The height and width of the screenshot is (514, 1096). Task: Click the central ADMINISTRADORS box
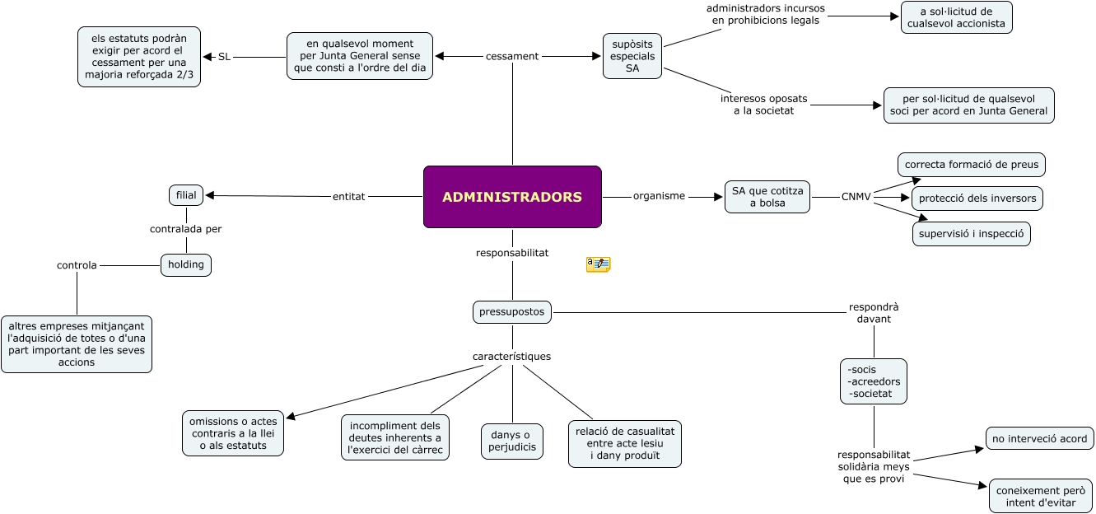(x=512, y=197)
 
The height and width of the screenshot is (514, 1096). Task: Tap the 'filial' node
(x=186, y=195)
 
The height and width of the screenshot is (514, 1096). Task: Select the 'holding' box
(x=186, y=264)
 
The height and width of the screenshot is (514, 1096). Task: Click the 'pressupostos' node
(x=512, y=312)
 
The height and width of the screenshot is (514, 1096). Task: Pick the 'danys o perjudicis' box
(x=512, y=441)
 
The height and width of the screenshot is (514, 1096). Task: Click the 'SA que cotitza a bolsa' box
(x=767, y=197)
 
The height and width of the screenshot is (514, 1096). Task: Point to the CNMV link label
(x=856, y=196)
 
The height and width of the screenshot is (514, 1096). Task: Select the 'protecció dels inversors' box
(x=977, y=199)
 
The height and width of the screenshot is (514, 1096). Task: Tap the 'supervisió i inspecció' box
(x=972, y=234)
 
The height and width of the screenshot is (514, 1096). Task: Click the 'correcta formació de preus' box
(x=972, y=164)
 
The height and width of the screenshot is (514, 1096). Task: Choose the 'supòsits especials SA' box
(x=632, y=56)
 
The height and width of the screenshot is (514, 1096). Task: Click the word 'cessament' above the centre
(x=512, y=56)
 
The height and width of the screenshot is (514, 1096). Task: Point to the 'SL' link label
(x=224, y=57)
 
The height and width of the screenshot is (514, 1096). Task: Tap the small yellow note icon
(x=599, y=264)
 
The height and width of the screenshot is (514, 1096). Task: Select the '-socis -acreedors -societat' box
(x=874, y=381)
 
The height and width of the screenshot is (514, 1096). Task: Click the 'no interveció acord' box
(x=1039, y=439)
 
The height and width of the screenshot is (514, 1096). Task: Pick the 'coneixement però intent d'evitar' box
(x=1041, y=496)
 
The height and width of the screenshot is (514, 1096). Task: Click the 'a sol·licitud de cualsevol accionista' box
(x=957, y=17)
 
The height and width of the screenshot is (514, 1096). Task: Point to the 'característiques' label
(x=512, y=357)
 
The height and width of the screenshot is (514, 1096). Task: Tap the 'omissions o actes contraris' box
(x=234, y=433)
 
